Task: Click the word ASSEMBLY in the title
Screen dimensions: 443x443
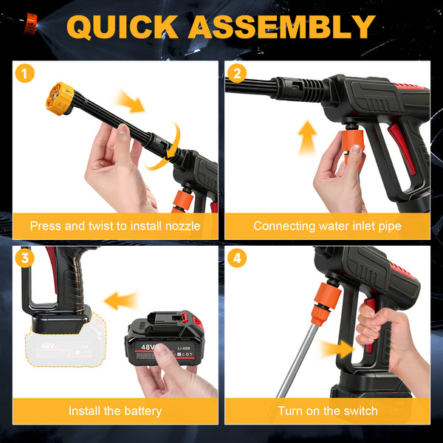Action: pyautogui.click(x=282, y=27)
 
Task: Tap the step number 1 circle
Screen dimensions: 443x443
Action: pyautogui.click(x=25, y=73)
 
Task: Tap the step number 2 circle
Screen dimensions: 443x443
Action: pyautogui.click(x=237, y=73)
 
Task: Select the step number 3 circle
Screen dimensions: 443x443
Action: pyautogui.click(x=25, y=258)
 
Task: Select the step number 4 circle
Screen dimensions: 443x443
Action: pyautogui.click(x=237, y=258)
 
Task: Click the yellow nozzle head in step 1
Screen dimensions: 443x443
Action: pyautogui.click(x=60, y=99)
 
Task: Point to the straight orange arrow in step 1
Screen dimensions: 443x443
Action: pyautogui.click(x=131, y=102)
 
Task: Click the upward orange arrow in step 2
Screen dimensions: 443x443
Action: pyautogui.click(x=307, y=137)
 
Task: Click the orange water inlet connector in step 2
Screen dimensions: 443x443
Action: pyautogui.click(x=353, y=143)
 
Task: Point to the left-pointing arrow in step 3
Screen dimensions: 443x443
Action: pyautogui.click(x=122, y=301)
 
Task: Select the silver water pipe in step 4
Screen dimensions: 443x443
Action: pyautogui.click(x=298, y=361)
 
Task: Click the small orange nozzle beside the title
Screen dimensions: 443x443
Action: pyautogui.click(x=30, y=24)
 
